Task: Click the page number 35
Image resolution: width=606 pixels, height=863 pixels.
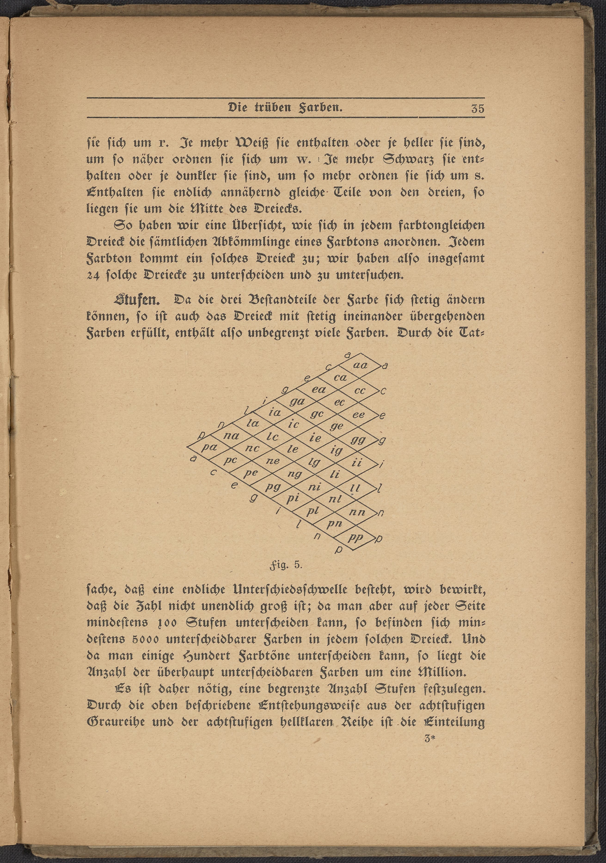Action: point(477,109)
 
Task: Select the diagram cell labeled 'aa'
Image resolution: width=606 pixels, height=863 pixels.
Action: point(361,365)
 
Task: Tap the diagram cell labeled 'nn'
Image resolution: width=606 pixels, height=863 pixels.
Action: point(357,512)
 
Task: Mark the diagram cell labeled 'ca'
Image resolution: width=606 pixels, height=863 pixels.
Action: point(340,377)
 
